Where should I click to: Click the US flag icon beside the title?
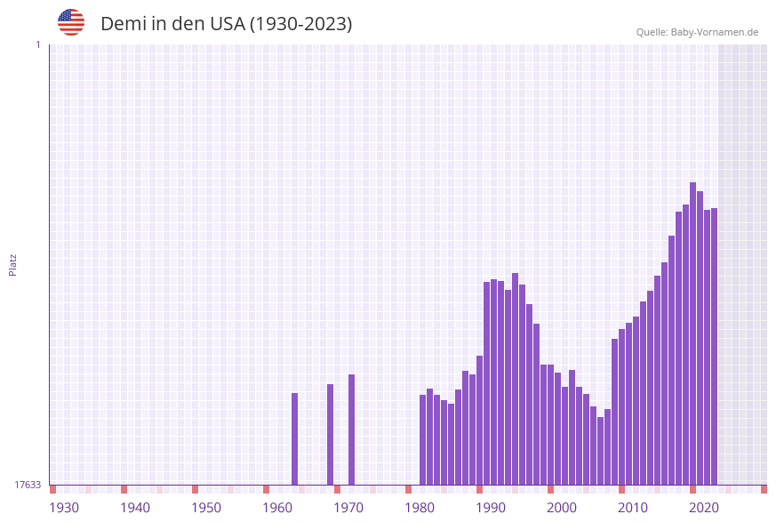click(x=71, y=22)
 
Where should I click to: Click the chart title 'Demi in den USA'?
click(x=226, y=24)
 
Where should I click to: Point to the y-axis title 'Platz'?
click(x=13, y=264)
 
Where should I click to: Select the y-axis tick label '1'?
click(x=37, y=44)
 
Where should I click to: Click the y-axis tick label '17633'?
click(x=28, y=485)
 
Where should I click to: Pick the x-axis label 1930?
click(x=64, y=508)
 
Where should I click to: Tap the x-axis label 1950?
click(x=206, y=508)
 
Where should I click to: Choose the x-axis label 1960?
click(x=277, y=508)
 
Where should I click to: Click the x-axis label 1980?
click(x=420, y=508)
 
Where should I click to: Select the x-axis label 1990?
click(x=491, y=508)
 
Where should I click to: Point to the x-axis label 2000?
click(x=562, y=508)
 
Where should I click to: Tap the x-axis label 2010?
click(x=633, y=508)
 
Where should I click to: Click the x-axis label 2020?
click(x=704, y=508)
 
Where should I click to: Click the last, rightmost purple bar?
click(x=714, y=347)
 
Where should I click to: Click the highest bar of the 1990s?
click(x=515, y=379)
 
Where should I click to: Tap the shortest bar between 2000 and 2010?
click(x=600, y=451)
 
